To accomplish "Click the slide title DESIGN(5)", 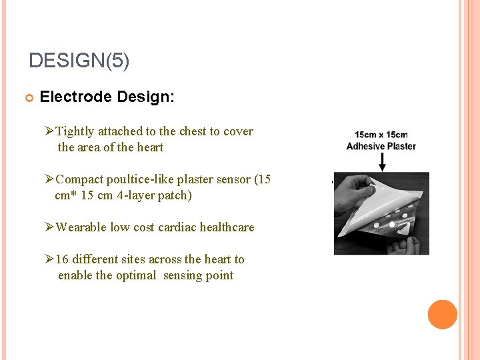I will [79, 61].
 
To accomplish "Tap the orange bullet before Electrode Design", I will [29, 98].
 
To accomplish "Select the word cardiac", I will [176, 227].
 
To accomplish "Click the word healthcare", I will [227, 227].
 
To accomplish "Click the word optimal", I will [136, 275].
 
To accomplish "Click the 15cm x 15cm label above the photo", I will [381, 135].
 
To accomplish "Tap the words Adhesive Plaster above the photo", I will [381, 146].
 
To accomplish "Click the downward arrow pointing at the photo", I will [382, 162].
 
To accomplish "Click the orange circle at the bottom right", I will [443, 315].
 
